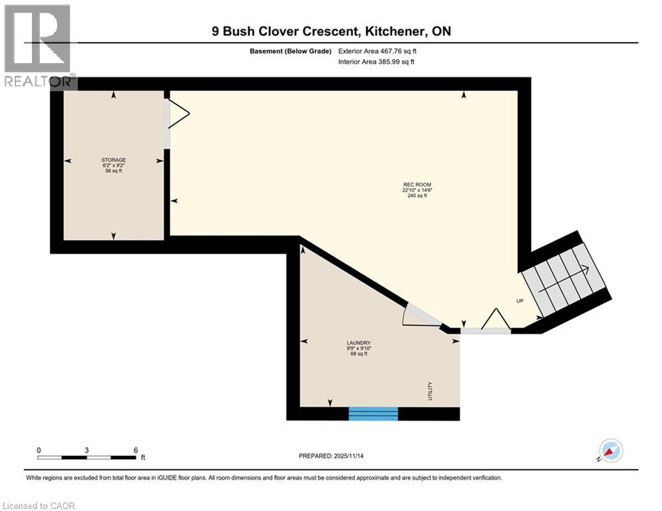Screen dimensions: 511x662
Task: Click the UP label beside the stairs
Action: (520, 301)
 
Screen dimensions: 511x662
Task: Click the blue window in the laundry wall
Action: (373, 413)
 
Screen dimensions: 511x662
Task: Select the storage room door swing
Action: (178, 114)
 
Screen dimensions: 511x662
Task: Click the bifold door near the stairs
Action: (494, 320)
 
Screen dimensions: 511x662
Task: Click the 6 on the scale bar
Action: (135, 450)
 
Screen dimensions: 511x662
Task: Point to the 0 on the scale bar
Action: (39, 450)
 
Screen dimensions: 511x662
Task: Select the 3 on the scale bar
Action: (87, 450)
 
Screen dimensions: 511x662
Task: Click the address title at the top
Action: (331, 31)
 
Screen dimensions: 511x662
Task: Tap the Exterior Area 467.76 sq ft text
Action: (377, 51)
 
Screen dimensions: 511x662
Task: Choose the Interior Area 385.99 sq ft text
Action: (377, 62)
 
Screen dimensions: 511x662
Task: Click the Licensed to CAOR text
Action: (39, 506)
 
